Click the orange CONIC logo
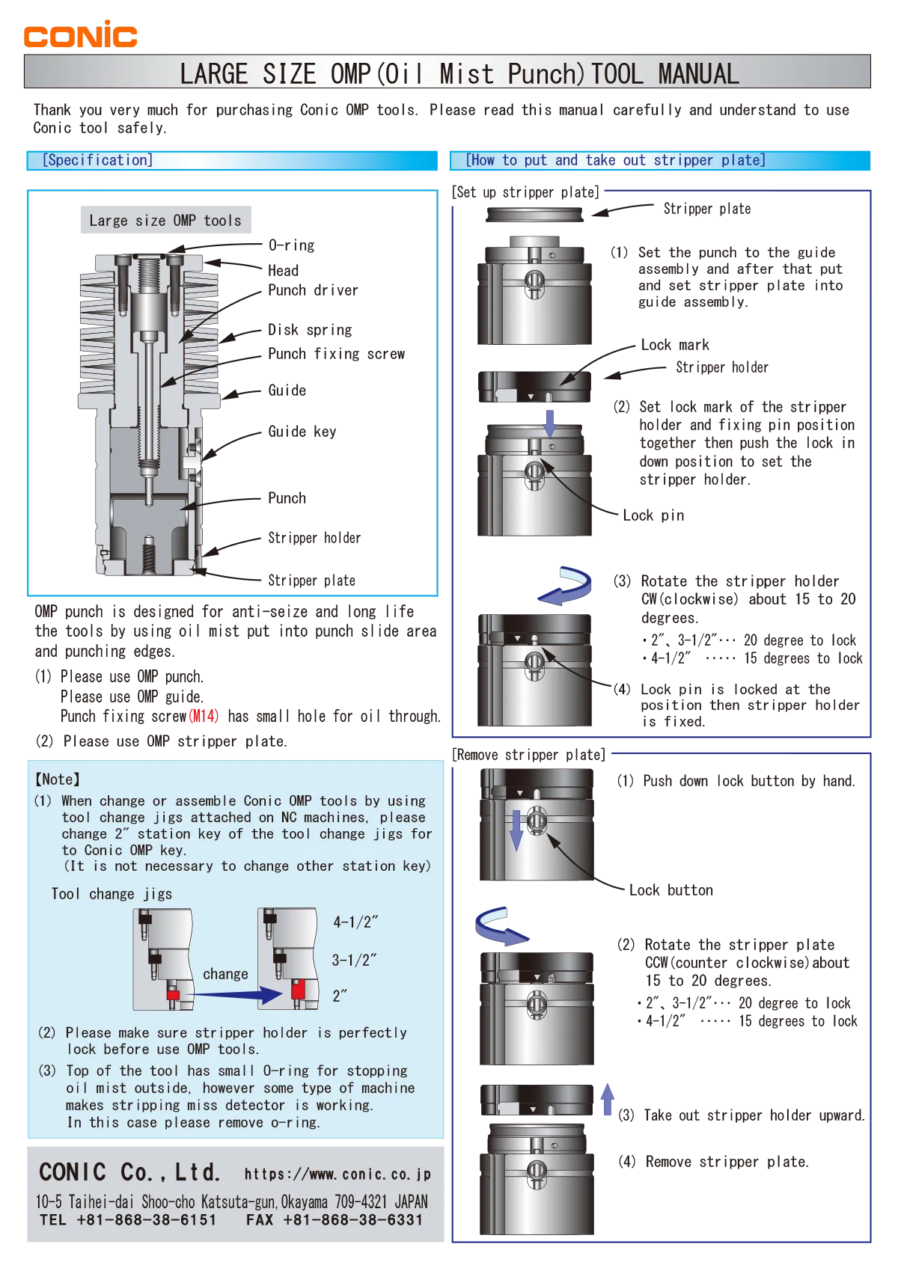coord(80,34)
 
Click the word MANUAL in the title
coord(698,74)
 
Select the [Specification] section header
coord(97,160)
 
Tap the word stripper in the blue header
coord(685,160)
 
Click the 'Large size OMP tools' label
coord(165,221)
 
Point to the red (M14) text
coord(203,716)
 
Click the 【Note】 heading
coord(58,780)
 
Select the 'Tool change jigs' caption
coord(112,894)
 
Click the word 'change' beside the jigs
coord(225,974)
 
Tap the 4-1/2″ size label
coord(355,922)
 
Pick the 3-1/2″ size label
coord(354,960)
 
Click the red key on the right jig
coord(298,990)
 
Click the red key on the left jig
coord(173,995)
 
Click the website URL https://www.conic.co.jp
coord(337,1175)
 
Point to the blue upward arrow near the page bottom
coord(608,1101)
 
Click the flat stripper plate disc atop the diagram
coord(533,215)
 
